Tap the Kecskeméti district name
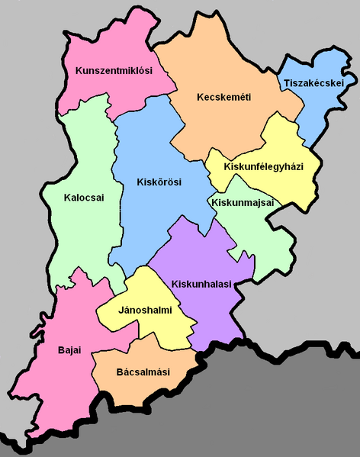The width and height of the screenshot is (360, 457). [223, 97]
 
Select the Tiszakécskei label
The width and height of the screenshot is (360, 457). [313, 82]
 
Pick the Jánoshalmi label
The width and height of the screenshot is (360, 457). [145, 310]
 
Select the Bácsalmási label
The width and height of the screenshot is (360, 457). [143, 372]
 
